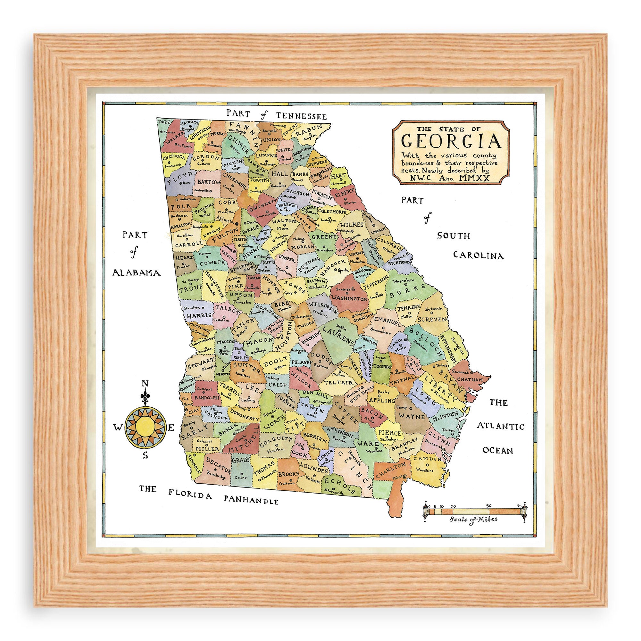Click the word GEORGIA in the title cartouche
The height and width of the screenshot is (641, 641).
point(451,141)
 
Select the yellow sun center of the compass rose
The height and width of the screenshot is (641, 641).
point(144,428)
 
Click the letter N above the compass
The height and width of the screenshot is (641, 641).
point(145,384)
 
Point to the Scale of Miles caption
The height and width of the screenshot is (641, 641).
point(473,519)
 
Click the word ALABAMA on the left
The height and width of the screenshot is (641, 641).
point(136,273)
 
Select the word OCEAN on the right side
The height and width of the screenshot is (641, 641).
point(498,450)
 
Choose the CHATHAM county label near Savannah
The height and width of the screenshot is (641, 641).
point(470,379)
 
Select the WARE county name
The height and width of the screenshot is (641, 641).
point(369,443)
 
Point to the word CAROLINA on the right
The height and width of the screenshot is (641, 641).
point(478,255)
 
